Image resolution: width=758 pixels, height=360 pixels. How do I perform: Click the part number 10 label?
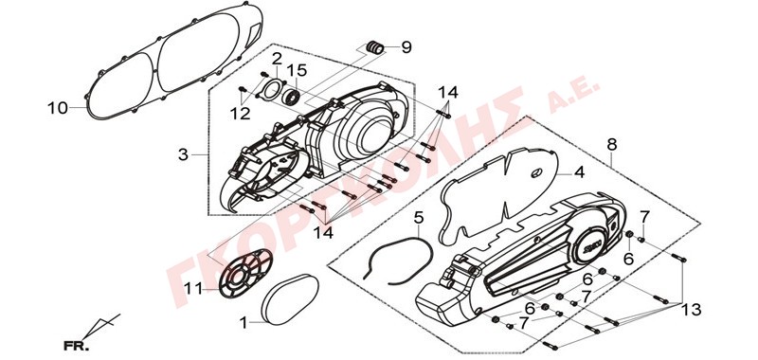coord(58,108)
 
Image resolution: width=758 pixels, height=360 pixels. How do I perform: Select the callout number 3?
coord(183,155)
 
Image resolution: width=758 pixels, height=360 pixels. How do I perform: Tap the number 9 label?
coord(406,47)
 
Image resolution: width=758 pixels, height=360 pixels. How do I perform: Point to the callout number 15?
coord(298,70)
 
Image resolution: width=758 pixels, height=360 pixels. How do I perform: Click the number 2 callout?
coord(277,59)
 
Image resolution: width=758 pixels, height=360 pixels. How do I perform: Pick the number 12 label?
coord(241,113)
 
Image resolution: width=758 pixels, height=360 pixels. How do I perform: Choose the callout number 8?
coord(612,144)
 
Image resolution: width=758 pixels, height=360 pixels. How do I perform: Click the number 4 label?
coord(579,172)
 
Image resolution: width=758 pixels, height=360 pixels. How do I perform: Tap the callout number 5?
coord(419,218)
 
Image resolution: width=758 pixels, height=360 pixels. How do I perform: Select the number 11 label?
coord(193,289)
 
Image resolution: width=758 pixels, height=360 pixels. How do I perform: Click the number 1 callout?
coord(244,322)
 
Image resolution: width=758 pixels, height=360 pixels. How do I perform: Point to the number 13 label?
coord(692,308)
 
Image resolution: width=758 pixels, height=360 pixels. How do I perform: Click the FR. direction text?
coord(77,346)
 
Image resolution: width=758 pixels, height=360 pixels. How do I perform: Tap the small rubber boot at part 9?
coord(375,47)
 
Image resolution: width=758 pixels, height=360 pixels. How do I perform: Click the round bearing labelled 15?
coord(292,95)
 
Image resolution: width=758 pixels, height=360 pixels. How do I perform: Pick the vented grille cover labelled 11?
coord(244,273)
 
